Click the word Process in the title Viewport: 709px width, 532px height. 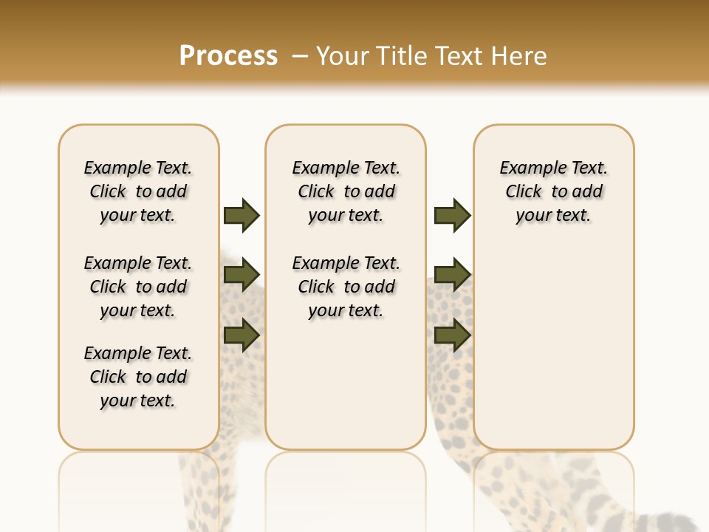(x=228, y=56)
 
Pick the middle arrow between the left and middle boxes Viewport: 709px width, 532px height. (x=242, y=276)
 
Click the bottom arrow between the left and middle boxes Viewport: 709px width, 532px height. (x=242, y=335)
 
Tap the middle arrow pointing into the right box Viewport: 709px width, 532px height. (x=453, y=276)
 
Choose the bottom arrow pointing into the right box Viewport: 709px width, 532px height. (x=453, y=335)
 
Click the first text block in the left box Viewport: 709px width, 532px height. (x=138, y=191)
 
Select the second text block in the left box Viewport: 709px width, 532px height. (x=138, y=287)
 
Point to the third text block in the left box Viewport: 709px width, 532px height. (x=138, y=377)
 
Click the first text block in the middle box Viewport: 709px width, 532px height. (x=346, y=191)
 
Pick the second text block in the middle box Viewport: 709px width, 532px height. (x=346, y=287)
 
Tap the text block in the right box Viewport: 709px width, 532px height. (x=554, y=191)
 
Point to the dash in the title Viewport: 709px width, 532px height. (x=299, y=56)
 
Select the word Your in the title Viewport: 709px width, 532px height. (x=343, y=56)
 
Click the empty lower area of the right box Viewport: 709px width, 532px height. (x=554, y=347)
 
